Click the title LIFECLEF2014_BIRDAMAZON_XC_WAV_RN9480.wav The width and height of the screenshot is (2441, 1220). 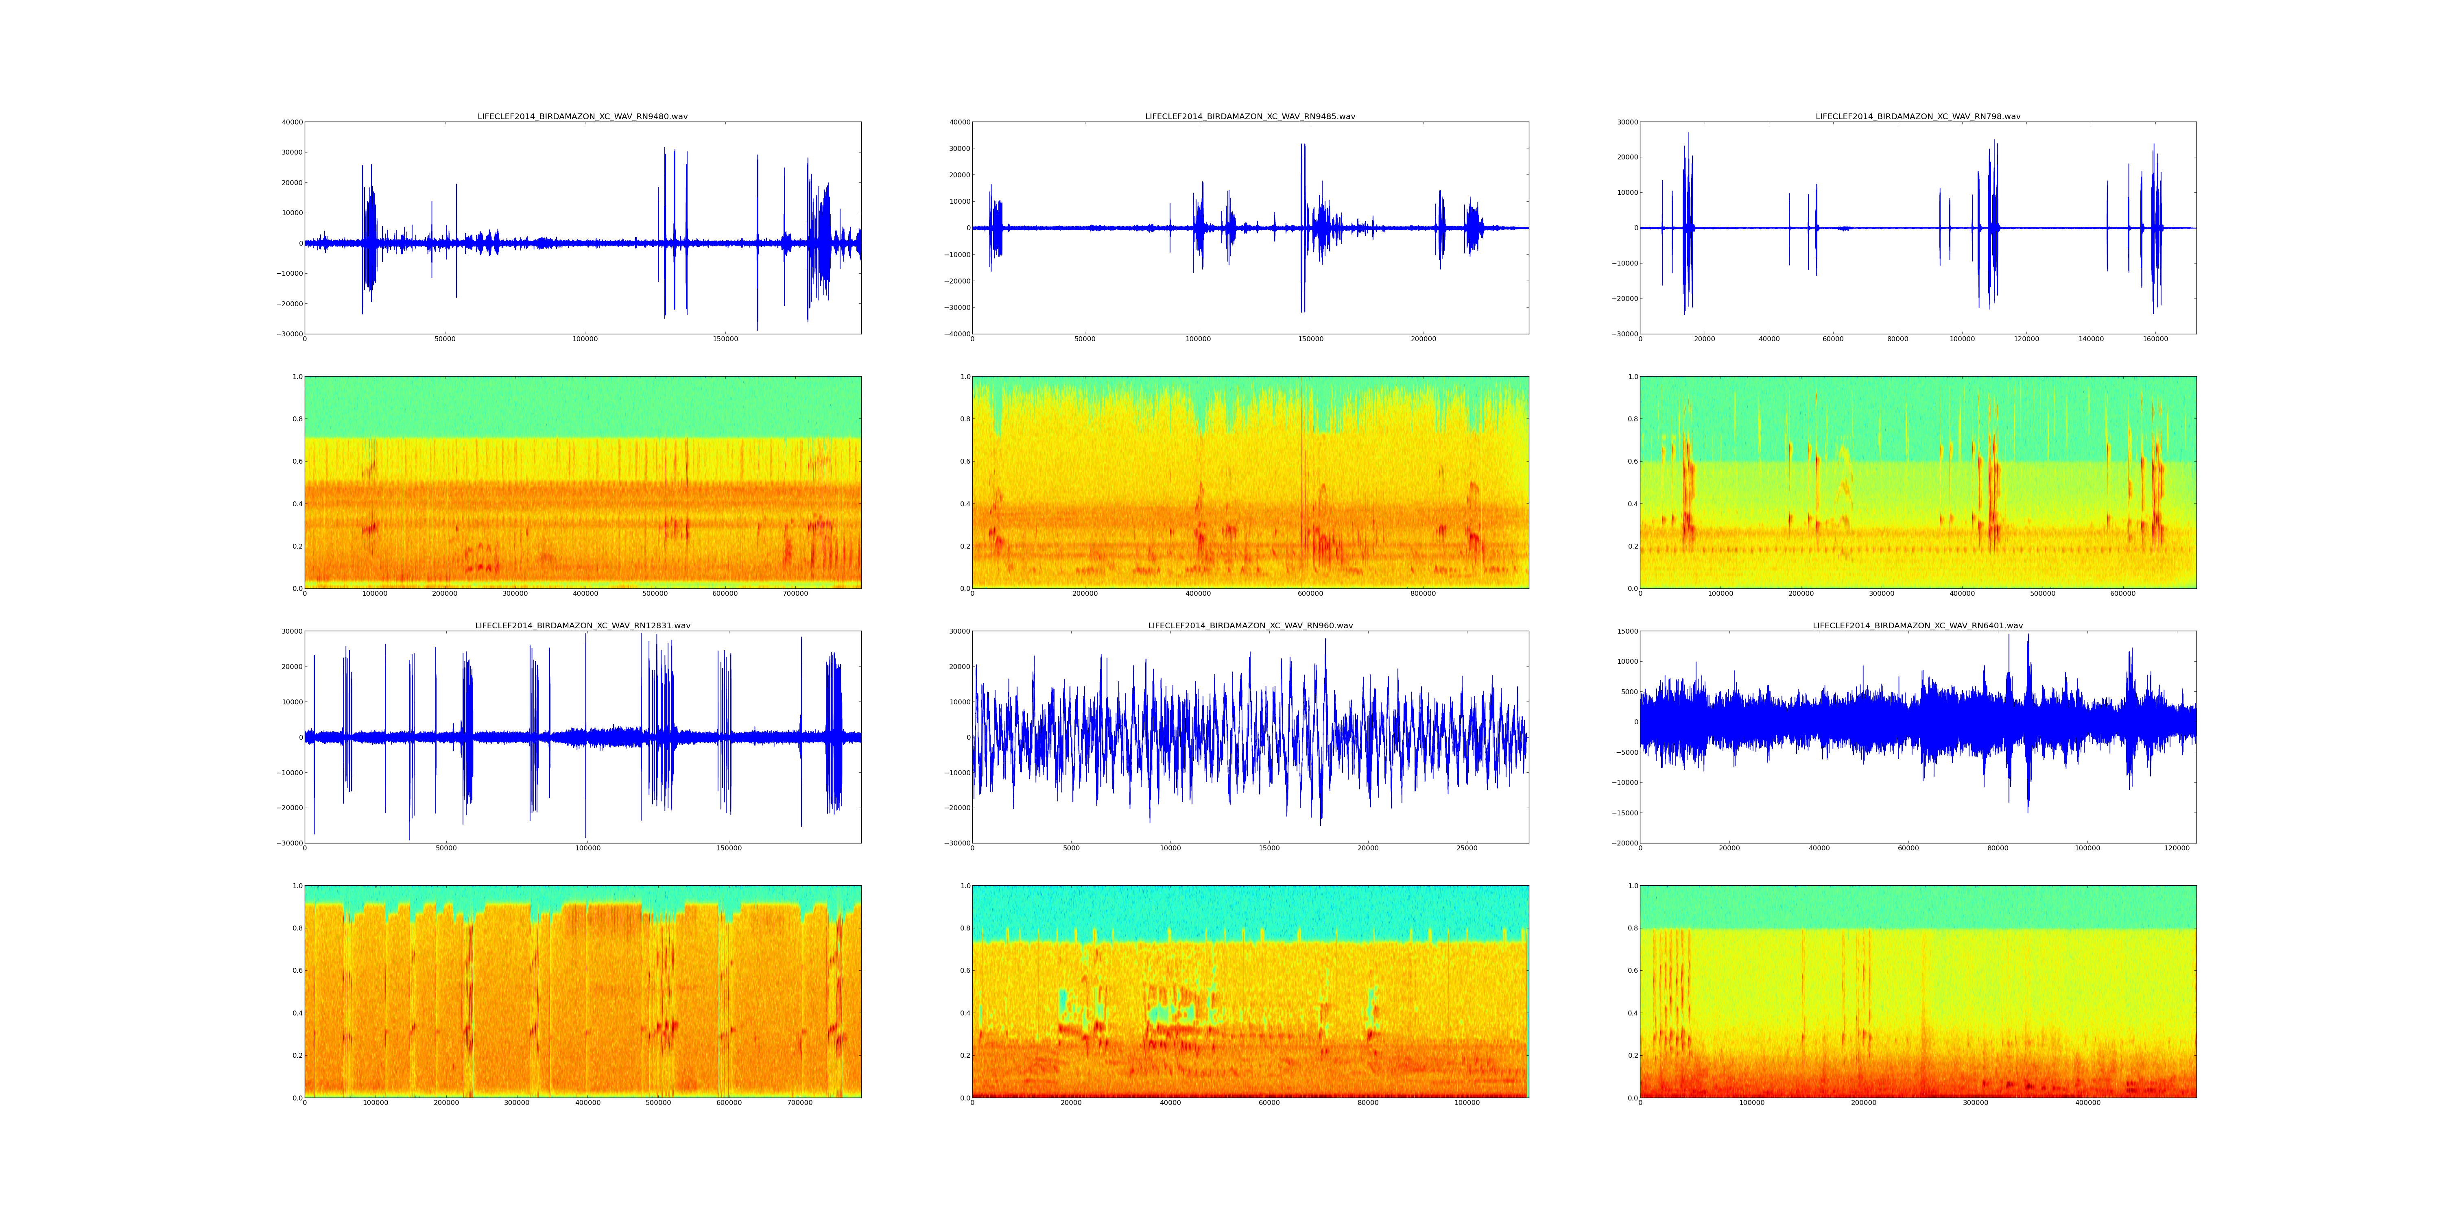(x=582, y=116)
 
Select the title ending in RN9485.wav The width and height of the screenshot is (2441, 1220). (x=1250, y=116)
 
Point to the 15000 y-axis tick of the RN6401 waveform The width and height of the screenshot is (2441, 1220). (x=1624, y=632)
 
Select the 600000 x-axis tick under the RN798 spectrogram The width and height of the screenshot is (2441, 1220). (x=2122, y=594)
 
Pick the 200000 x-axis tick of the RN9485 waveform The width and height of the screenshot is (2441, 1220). (x=1423, y=339)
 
